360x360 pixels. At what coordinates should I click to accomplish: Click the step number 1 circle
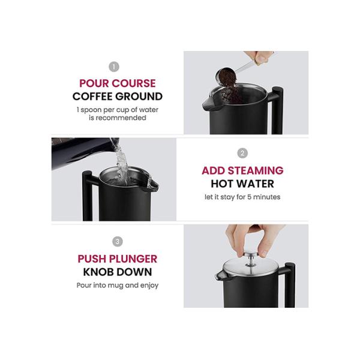tap(113, 67)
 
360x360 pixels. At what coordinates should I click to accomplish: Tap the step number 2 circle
tap(242, 153)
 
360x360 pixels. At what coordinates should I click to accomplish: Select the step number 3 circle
tap(118, 242)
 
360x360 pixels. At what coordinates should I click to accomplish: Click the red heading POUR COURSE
tap(118, 83)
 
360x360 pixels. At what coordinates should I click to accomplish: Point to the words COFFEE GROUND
tap(118, 97)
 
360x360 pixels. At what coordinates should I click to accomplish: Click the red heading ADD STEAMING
tap(242, 170)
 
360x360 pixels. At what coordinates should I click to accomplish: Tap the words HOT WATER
tap(242, 184)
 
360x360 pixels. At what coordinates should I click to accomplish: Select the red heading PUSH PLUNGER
tap(118, 259)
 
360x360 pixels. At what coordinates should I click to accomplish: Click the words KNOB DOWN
tap(118, 272)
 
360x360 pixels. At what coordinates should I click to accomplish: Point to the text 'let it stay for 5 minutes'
tap(242, 197)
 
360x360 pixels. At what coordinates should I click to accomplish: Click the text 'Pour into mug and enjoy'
tap(118, 286)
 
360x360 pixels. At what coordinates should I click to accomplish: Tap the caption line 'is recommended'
tap(118, 118)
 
